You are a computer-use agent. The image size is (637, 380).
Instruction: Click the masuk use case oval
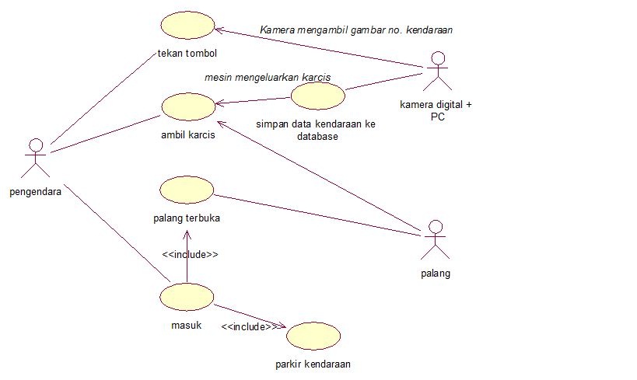click(186, 296)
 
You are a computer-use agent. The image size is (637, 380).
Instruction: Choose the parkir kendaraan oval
click(313, 336)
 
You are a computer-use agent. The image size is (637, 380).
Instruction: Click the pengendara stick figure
click(35, 158)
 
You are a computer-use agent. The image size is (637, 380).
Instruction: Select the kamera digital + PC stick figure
click(436, 72)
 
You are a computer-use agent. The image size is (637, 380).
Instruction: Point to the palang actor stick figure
click(436, 240)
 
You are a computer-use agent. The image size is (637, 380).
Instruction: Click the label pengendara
click(36, 190)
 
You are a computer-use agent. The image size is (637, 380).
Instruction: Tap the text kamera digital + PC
click(436, 110)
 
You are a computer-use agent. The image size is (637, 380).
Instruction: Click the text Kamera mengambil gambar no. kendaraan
click(356, 30)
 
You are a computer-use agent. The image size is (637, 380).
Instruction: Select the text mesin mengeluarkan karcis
click(268, 78)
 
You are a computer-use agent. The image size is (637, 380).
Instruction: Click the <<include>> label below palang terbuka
click(190, 254)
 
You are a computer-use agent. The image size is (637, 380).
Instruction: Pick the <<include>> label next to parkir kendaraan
click(247, 327)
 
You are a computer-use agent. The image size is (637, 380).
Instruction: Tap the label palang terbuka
click(187, 218)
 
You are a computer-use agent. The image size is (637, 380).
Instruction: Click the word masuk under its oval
click(186, 325)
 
